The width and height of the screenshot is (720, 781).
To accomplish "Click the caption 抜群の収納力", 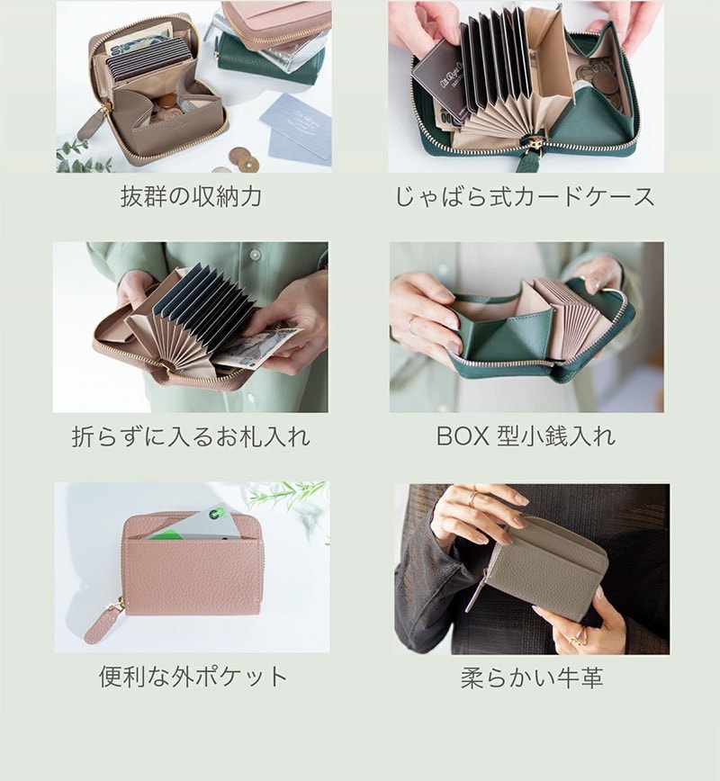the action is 191,196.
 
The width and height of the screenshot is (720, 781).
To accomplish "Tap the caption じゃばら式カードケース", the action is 525,196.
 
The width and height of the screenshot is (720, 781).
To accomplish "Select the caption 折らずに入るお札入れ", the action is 191,436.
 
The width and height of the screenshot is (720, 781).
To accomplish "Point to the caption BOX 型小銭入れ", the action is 526,436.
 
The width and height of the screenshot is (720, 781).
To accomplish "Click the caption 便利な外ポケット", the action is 193,677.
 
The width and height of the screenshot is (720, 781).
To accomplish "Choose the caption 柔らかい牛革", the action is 532,678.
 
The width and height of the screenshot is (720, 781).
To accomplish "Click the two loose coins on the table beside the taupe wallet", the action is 244,159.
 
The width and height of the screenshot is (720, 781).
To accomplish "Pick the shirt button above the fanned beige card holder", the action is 256,256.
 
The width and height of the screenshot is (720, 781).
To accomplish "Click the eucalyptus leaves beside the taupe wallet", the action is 82,157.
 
